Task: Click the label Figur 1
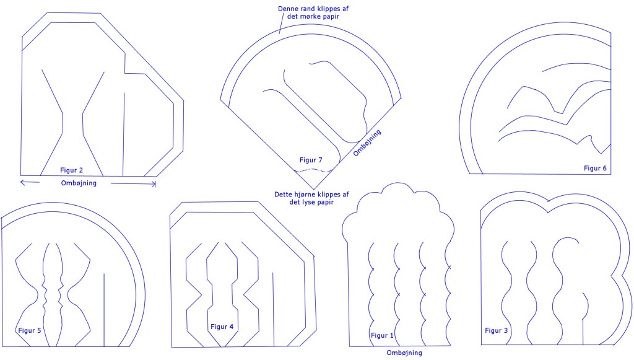pyautogui.click(x=382, y=335)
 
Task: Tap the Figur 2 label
pyautogui.click(x=72, y=170)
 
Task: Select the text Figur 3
pyautogui.click(x=497, y=330)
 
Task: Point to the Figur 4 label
pyautogui.click(x=222, y=327)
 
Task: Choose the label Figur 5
pyautogui.click(x=30, y=330)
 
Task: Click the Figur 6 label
pyautogui.click(x=595, y=168)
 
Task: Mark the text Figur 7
pyautogui.click(x=311, y=160)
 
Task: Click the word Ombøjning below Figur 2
pyautogui.click(x=79, y=183)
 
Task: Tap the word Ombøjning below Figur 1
pyautogui.click(x=404, y=353)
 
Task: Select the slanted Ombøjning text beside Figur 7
pyautogui.click(x=367, y=143)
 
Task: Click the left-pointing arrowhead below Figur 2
pyautogui.click(x=22, y=182)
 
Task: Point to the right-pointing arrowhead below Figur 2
pyautogui.click(x=154, y=183)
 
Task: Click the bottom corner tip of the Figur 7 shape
pyautogui.click(x=315, y=190)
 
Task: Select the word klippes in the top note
pyautogui.click(x=329, y=8)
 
